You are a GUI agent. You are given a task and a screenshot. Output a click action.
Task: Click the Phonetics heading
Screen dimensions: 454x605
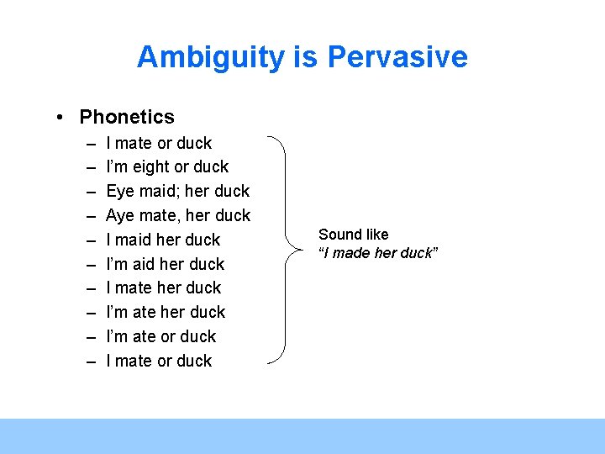coord(127,117)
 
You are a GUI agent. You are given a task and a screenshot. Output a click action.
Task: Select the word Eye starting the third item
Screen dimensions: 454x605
coord(121,191)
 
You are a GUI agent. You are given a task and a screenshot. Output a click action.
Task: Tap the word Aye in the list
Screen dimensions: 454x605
coord(121,215)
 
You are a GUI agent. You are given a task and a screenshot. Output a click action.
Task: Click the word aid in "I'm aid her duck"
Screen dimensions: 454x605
coord(151,263)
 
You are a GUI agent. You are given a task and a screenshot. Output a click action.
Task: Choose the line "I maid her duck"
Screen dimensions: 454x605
coord(163,240)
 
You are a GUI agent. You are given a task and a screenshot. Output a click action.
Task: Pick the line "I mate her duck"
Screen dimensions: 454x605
coord(163,288)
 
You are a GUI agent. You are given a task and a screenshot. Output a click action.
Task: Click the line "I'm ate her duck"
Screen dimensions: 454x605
coord(166,312)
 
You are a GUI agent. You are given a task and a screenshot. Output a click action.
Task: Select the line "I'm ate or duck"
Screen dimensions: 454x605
coord(160,336)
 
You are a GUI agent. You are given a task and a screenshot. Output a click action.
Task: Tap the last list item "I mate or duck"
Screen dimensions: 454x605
coord(159,361)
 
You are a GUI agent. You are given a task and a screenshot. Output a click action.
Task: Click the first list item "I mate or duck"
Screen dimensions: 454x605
coord(159,143)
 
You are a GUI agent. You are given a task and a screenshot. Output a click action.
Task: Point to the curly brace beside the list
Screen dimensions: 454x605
coord(286,250)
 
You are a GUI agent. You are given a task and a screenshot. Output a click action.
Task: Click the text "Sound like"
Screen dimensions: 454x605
coord(353,235)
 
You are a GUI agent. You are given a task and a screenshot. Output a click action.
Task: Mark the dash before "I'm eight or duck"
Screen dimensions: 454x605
coord(90,166)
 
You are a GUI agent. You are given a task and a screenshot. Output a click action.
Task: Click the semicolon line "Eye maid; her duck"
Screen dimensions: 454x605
coord(177,191)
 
